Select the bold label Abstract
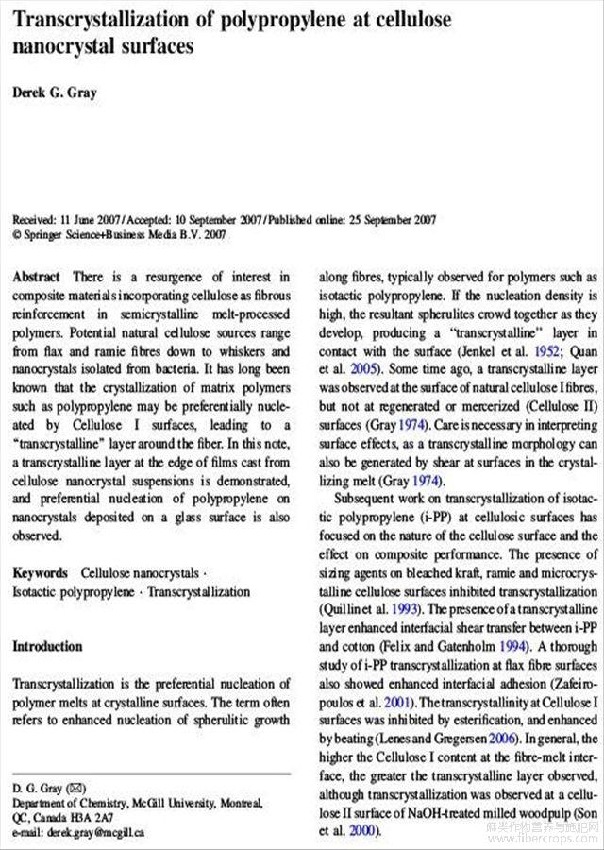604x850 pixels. pyautogui.click(x=37, y=277)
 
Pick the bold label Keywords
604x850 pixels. pyautogui.click(x=40, y=572)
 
